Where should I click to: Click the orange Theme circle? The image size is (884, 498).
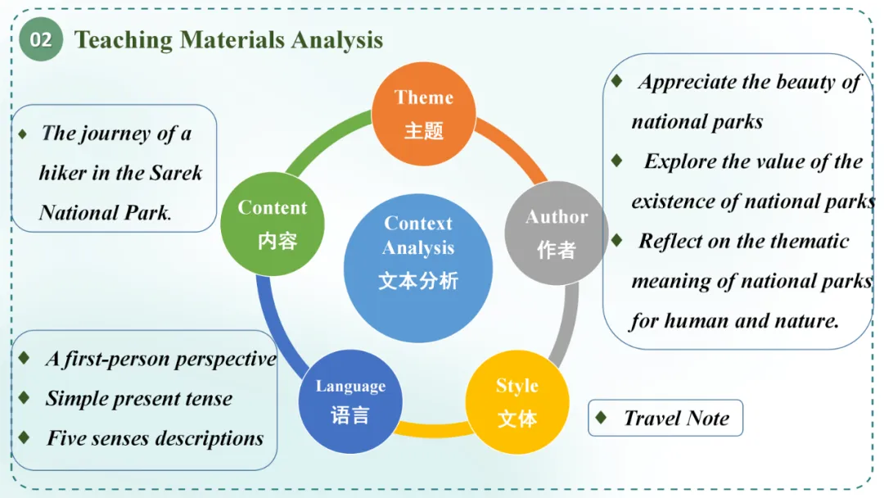point(424,114)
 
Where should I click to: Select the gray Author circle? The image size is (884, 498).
point(557,233)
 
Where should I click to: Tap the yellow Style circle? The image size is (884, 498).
point(517,402)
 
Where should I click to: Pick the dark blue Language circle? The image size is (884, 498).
point(350,401)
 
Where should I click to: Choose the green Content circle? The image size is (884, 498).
point(273,224)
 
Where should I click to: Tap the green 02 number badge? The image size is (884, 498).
point(41,40)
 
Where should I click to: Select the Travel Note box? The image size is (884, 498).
point(665,418)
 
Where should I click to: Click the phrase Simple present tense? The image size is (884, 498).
point(138,399)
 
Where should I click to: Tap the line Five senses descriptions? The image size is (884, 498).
point(155,438)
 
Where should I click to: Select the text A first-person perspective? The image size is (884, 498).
point(160,359)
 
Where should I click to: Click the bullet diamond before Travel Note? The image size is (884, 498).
point(602,418)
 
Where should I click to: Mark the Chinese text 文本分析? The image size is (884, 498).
point(418,281)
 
